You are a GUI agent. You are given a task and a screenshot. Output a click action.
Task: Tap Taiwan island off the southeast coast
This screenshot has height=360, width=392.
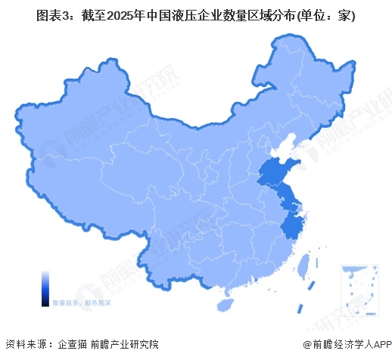click(306, 266)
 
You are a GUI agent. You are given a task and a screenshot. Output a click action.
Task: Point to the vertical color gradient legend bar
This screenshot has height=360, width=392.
click(45, 287)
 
